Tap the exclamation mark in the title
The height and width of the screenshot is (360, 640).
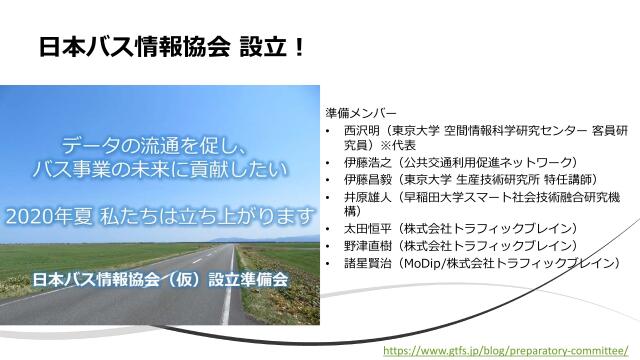(298, 47)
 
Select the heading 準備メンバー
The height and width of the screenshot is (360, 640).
(361, 112)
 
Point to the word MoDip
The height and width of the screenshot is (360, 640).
(427, 263)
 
